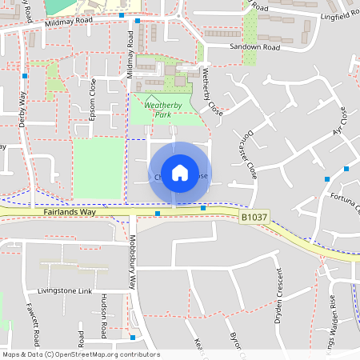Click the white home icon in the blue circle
pos(180,172)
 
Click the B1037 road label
pos(252,216)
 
